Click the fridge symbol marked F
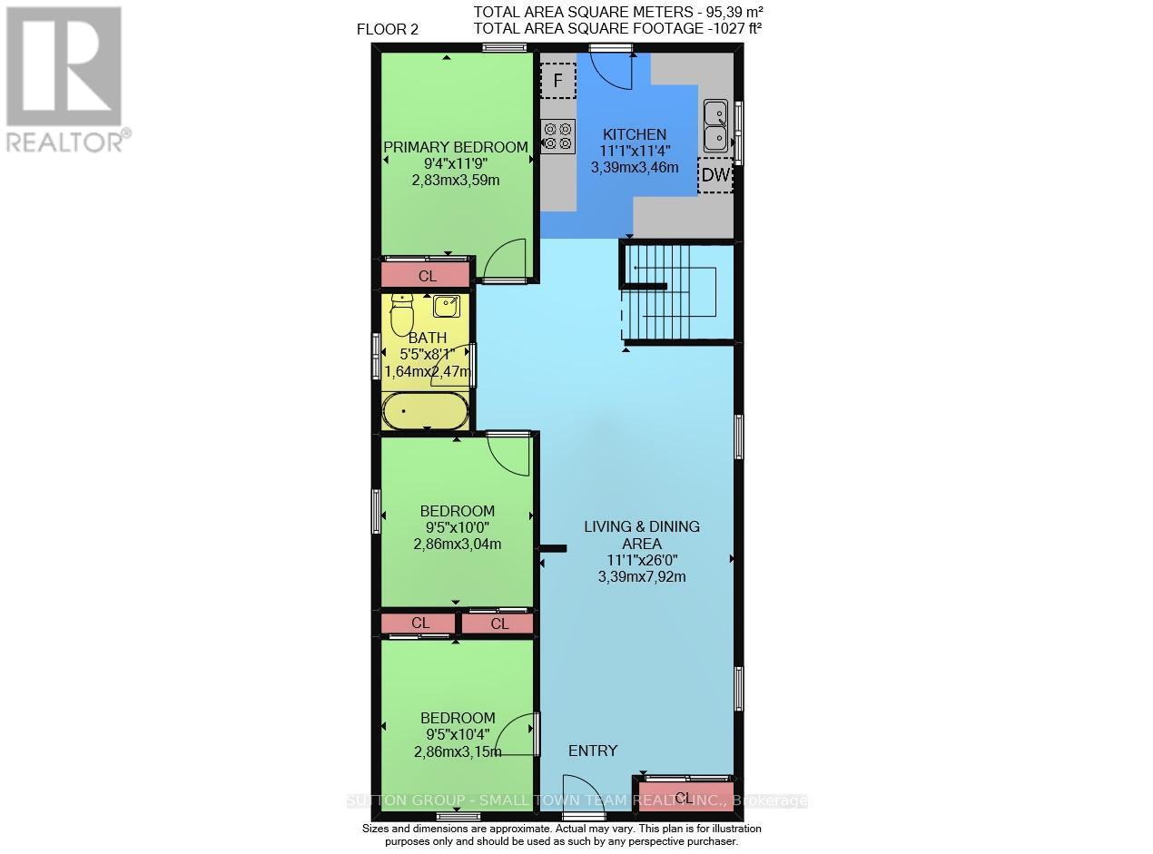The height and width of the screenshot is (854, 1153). pyautogui.click(x=558, y=82)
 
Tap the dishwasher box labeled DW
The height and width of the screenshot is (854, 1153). pyautogui.click(x=715, y=175)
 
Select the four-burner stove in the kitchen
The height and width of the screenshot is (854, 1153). pyautogui.click(x=557, y=136)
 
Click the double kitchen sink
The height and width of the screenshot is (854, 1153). pyautogui.click(x=716, y=125)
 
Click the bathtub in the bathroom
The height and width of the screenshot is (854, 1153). pyautogui.click(x=426, y=413)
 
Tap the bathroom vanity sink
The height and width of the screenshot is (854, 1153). pyautogui.click(x=447, y=306)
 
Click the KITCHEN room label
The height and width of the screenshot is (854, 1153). pyautogui.click(x=635, y=134)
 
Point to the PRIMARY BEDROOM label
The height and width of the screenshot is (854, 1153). pyautogui.click(x=455, y=147)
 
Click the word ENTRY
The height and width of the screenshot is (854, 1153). pyautogui.click(x=593, y=751)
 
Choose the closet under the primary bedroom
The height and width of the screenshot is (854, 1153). pyautogui.click(x=425, y=275)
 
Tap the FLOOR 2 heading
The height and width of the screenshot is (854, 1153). pyautogui.click(x=388, y=29)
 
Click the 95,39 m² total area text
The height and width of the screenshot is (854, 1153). pyautogui.click(x=725, y=12)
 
